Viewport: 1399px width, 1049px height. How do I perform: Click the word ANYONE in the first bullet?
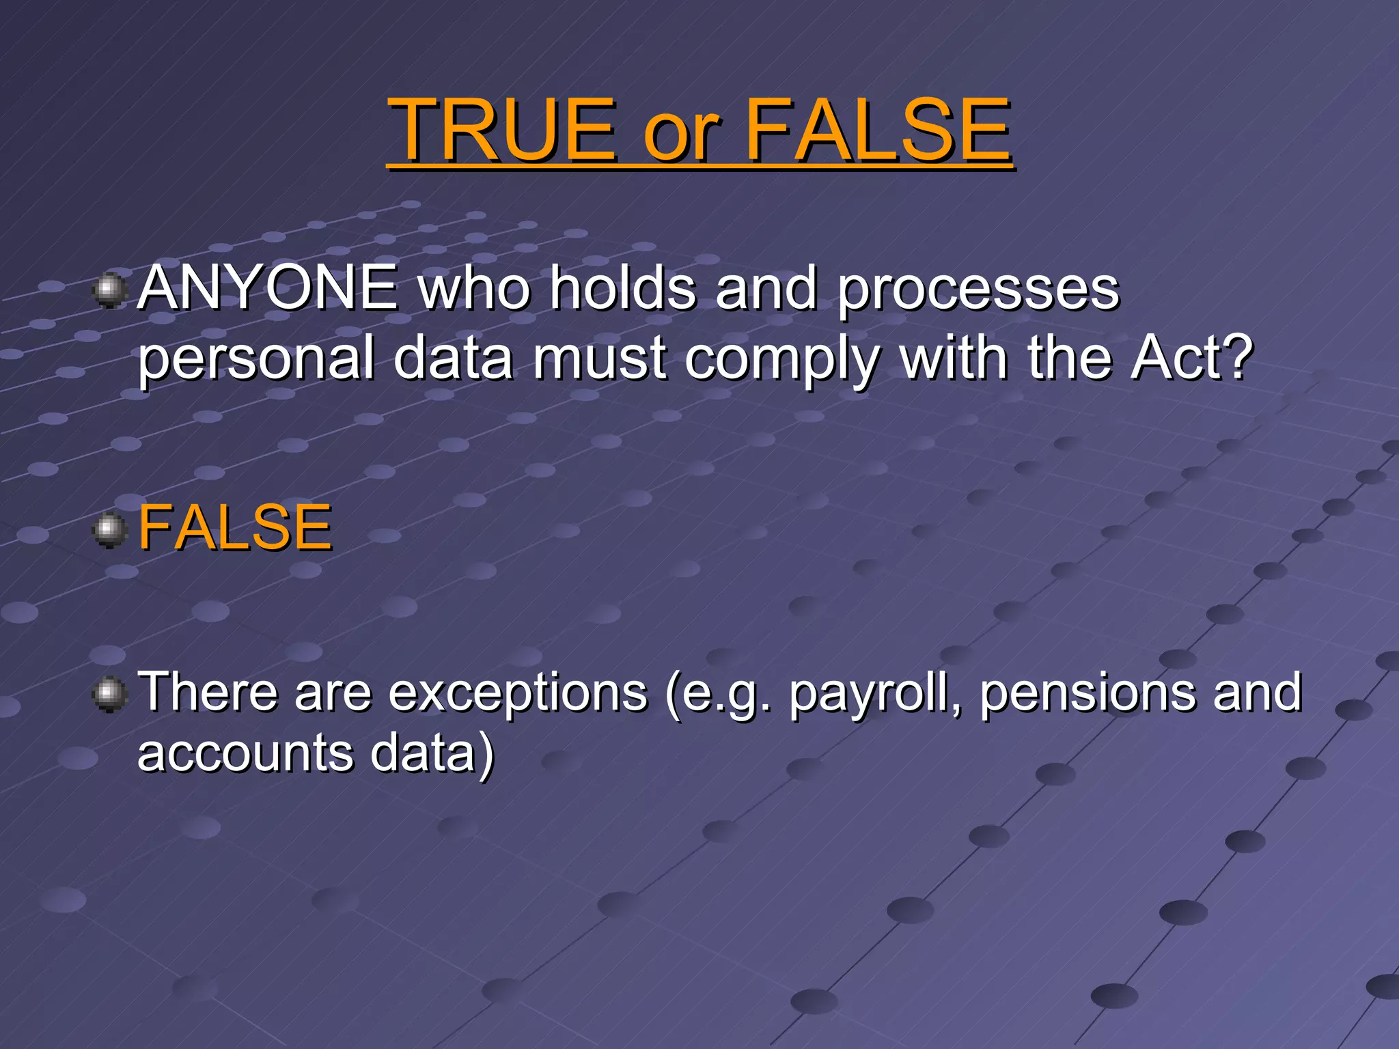pyautogui.click(x=268, y=288)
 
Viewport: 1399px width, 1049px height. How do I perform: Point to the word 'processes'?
pyautogui.click(x=978, y=291)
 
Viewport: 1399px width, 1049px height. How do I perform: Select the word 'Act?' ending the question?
pyautogui.click(x=1191, y=358)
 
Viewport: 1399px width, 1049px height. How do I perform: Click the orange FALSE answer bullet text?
pyautogui.click(x=235, y=527)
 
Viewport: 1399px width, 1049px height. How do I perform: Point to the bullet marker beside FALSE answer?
pyautogui.click(x=109, y=530)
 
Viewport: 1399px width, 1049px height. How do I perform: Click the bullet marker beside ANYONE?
pyautogui.click(x=109, y=291)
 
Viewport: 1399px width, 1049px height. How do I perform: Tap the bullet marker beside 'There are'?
pyautogui.click(x=109, y=695)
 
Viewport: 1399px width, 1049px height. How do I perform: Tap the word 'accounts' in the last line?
pyautogui.click(x=245, y=754)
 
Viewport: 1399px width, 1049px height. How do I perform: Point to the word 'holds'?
pyautogui.click(x=624, y=288)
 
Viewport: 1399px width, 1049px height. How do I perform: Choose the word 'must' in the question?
pyautogui.click(x=599, y=359)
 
